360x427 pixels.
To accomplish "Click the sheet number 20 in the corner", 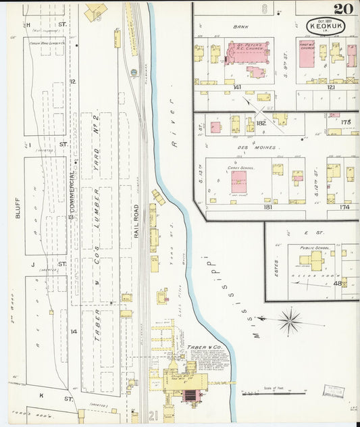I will pos(342,9).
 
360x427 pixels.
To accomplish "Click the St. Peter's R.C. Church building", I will pos(247,53).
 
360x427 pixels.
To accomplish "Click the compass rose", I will pos(290,320).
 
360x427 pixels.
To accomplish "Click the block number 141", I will pos(237,87).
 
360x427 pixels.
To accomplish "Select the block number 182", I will pos(261,122).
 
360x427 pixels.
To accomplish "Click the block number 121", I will pos(331,87).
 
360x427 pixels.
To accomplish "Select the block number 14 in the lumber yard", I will pos(74,331).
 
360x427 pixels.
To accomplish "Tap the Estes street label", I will pos(277,260).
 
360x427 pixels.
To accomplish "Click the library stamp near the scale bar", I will pos(332,391).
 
